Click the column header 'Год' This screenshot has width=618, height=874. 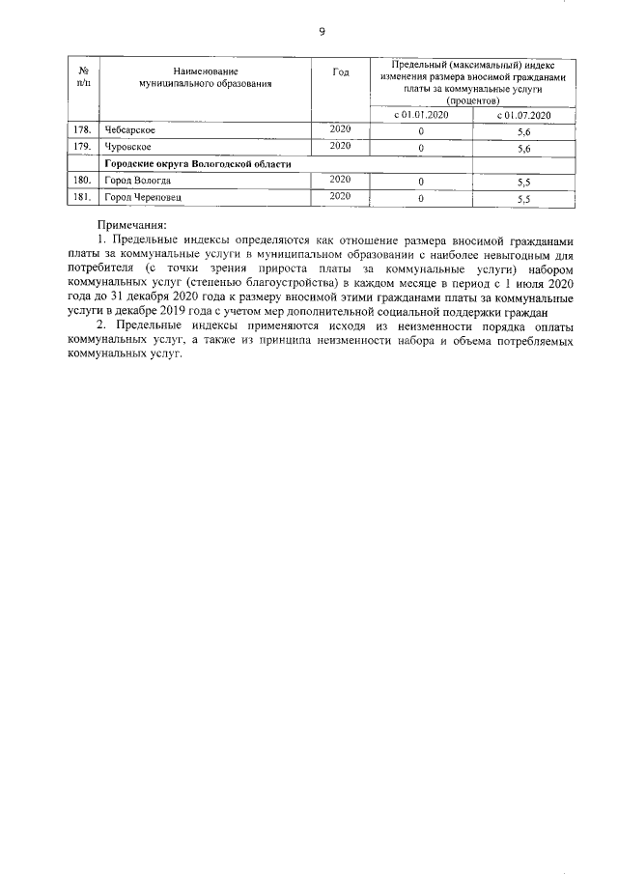tap(339, 74)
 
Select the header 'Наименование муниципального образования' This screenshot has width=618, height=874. tap(205, 78)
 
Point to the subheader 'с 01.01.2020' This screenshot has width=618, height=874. tap(421, 116)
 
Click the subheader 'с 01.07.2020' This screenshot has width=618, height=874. tap(523, 116)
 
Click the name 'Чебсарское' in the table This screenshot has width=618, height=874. tap(130, 130)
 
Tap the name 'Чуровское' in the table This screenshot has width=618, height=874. tap(128, 147)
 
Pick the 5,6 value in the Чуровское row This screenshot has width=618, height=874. tap(524, 149)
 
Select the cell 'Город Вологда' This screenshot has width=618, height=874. tap(138, 181)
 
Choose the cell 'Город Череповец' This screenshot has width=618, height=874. tap(142, 198)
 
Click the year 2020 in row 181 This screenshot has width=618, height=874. tap(340, 197)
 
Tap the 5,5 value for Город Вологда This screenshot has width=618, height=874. tap(524, 183)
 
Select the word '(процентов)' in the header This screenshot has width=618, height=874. tap(471, 99)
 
